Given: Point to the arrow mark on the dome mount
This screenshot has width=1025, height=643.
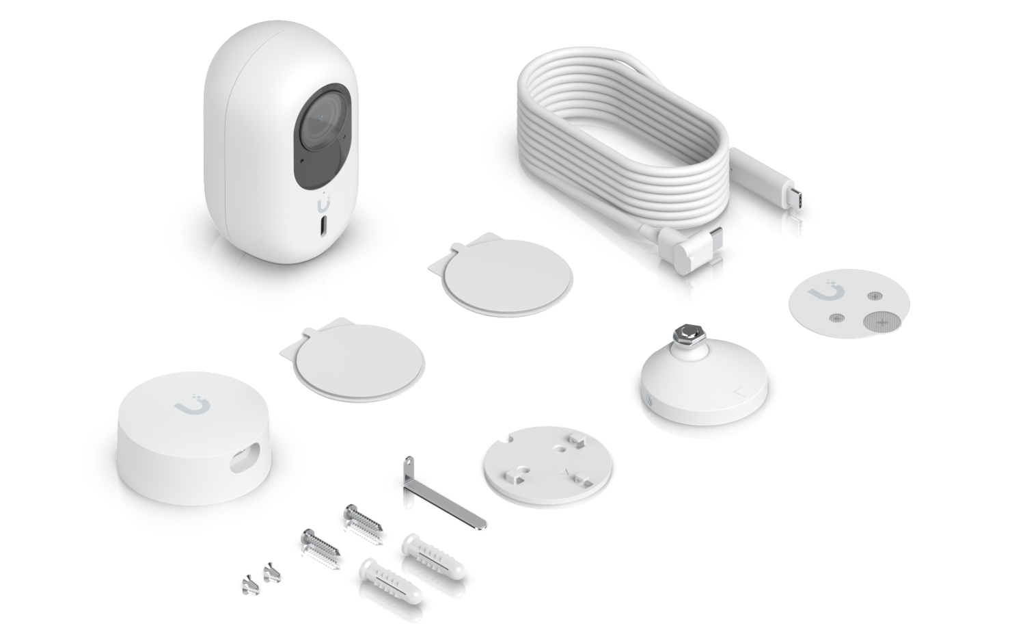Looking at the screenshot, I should pos(738,393).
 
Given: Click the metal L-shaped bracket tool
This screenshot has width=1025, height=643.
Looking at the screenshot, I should pos(444,493).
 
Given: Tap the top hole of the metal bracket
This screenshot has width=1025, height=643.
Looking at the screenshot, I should pos(408,462).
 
